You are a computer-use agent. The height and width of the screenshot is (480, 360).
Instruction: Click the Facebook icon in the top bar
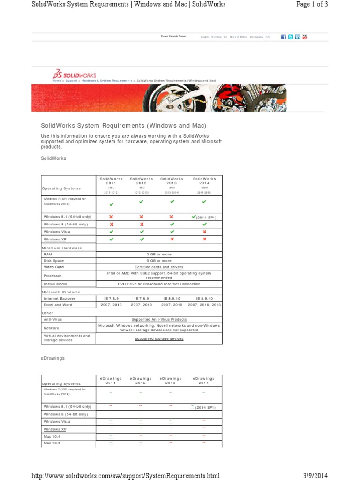point(283,37)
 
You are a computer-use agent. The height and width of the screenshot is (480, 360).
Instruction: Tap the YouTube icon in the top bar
point(305,37)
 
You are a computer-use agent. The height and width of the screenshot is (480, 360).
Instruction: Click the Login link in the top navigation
point(204,37)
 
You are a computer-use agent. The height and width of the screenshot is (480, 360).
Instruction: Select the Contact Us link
point(219,37)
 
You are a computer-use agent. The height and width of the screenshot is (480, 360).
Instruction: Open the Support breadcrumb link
point(71,81)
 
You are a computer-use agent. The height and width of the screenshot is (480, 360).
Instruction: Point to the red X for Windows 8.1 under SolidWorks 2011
point(111,217)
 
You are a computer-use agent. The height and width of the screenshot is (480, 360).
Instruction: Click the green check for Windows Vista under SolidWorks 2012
point(141,232)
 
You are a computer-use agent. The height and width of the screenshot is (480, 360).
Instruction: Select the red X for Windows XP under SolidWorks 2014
point(204,239)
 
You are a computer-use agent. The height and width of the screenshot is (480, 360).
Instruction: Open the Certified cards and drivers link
point(159,267)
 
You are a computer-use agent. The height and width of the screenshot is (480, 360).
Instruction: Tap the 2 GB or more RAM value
point(159,254)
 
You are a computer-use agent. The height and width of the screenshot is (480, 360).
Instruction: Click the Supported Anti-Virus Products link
point(159,319)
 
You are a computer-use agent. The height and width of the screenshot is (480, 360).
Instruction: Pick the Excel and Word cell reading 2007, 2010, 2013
point(204,304)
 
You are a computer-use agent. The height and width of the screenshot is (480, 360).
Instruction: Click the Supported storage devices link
point(159,338)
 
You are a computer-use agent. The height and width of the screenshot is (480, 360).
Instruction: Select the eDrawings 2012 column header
point(141,380)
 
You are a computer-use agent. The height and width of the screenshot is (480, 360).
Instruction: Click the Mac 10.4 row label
point(52,436)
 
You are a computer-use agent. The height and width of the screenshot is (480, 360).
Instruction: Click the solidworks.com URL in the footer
point(125,475)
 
